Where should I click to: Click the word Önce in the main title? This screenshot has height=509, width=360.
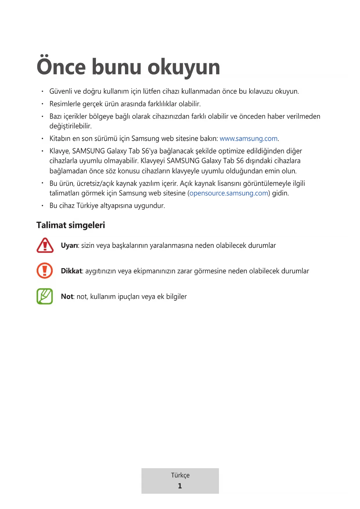pyautogui.click(x=61, y=67)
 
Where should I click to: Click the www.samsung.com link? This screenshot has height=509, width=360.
pyautogui.click(x=249, y=139)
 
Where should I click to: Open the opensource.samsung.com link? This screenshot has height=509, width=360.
pyautogui.click(x=229, y=193)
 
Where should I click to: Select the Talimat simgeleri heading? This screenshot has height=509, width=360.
pyautogui.click(x=70, y=225)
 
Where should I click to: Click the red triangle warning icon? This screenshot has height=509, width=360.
pyautogui.click(x=45, y=246)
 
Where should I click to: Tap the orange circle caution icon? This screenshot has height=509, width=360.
pyautogui.click(x=45, y=270)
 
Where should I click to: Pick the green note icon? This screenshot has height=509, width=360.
pyautogui.click(x=45, y=296)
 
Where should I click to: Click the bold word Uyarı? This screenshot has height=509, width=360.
pyautogui.click(x=69, y=246)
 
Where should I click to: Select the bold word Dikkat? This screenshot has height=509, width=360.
pyautogui.click(x=72, y=271)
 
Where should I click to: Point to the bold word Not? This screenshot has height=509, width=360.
pyautogui.click(x=67, y=297)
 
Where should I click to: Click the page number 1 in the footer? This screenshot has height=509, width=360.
pyautogui.click(x=180, y=486)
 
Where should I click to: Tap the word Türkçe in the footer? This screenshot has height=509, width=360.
pyautogui.click(x=180, y=475)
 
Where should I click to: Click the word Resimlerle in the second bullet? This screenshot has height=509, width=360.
pyautogui.click(x=64, y=104)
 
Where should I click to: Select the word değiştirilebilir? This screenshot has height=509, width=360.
pyautogui.click(x=70, y=126)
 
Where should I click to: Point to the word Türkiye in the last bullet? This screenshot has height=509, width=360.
pyautogui.click(x=87, y=206)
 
